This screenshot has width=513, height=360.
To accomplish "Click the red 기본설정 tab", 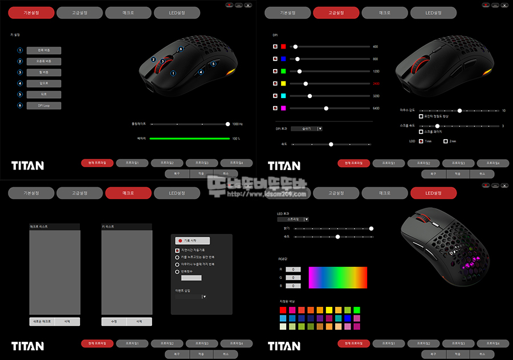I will [x=31, y=13].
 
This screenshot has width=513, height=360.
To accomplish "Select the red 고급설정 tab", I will [x=336, y=13].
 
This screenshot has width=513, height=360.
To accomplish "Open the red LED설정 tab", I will [x=433, y=193].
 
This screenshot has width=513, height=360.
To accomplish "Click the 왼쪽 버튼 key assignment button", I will [x=44, y=50].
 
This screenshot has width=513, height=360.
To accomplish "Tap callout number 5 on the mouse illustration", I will [x=213, y=64].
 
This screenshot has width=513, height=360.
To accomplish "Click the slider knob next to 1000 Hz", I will [x=227, y=124].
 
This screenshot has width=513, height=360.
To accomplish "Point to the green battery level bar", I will [x=189, y=139].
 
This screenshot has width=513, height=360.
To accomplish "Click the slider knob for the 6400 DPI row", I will [x=326, y=108].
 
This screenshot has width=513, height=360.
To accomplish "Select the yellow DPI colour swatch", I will [x=283, y=83].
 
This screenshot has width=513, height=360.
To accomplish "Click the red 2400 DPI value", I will [x=376, y=83].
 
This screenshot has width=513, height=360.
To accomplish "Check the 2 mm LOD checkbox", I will [x=445, y=141].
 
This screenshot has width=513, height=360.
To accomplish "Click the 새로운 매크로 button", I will [x=42, y=321].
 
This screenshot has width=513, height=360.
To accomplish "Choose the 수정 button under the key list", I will [x=114, y=321].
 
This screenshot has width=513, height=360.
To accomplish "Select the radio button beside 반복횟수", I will [x=177, y=272].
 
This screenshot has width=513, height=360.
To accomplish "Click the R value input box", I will [x=292, y=269].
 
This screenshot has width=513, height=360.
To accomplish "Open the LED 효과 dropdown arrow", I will [x=306, y=219].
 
